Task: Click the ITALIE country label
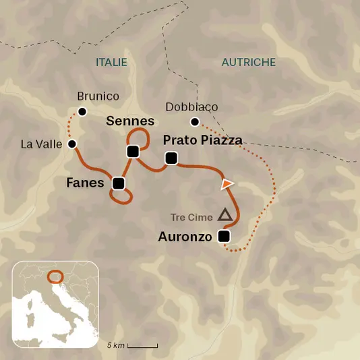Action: coord(111,62)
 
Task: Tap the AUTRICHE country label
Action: coord(249,62)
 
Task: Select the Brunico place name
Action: coord(98,96)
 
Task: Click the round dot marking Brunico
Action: coord(82,111)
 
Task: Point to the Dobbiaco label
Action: coord(191,107)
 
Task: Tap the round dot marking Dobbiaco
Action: coord(194,122)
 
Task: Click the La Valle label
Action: coord(41,144)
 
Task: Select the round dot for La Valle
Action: coord(72,144)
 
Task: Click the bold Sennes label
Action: coord(131,121)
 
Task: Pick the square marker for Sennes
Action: coord(132,151)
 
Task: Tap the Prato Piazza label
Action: coord(203,140)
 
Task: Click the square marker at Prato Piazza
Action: coord(171,158)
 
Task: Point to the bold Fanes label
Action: coord(85,183)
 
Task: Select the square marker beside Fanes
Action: coord(119,183)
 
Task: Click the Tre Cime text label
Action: coord(191,217)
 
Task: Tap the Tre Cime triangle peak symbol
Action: coord(225,215)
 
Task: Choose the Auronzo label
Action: coord(185,237)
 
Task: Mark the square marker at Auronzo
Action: coord(224,236)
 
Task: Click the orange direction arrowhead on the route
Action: coord(227,183)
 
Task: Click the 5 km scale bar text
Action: coord(115,345)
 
